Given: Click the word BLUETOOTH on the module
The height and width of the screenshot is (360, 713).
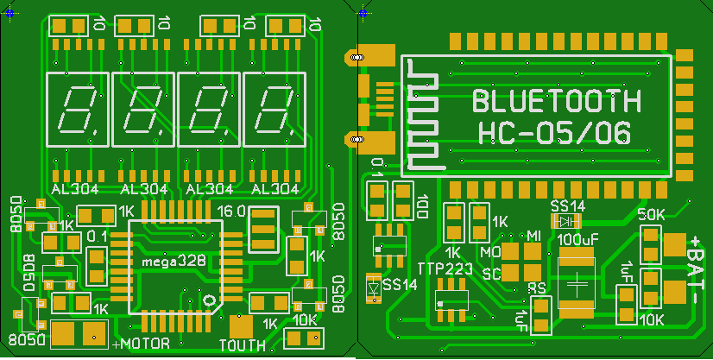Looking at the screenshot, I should click(557, 102).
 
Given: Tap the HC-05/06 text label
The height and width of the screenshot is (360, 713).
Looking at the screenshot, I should click(553, 133).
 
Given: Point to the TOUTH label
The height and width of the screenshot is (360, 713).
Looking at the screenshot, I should click(243, 346).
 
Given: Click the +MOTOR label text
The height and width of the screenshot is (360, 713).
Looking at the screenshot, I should click(142, 345).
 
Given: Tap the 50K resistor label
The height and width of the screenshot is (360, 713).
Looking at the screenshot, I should click(650, 214).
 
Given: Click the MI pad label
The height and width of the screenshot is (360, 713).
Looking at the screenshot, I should click(533, 236).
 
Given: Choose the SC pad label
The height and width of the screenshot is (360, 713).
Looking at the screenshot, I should click(492, 275).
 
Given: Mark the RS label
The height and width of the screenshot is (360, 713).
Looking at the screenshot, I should click(537, 288).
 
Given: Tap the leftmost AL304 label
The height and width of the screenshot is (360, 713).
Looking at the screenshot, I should click(75, 189).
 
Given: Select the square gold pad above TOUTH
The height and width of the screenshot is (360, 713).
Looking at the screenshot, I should click(242, 327).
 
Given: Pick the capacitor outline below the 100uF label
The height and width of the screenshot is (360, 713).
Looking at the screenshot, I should click(578, 281).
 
